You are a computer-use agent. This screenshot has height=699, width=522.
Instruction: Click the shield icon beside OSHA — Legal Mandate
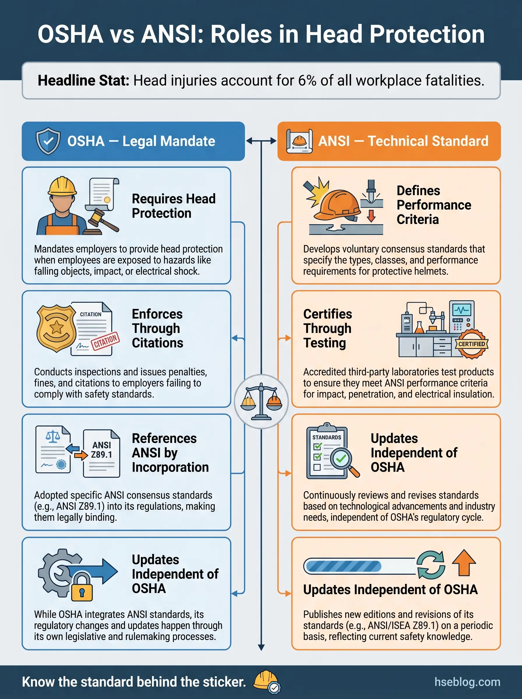click(x=48, y=141)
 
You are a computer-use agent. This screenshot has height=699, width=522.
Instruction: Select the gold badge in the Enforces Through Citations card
click(x=56, y=328)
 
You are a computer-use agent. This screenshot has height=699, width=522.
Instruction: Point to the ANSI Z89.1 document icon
click(x=101, y=453)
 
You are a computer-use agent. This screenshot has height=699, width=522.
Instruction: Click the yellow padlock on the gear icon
click(x=82, y=588)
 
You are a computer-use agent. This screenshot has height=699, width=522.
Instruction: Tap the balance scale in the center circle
click(x=261, y=401)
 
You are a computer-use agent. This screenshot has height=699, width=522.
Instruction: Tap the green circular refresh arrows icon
click(x=431, y=565)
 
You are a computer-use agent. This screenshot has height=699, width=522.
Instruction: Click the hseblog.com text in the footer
click(x=467, y=682)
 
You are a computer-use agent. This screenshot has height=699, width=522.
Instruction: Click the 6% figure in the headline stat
click(x=307, y=81)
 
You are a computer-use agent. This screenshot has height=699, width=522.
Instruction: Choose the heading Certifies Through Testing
click(x=327, y=328)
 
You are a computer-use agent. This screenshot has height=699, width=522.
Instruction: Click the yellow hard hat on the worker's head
click(x=62, y=186)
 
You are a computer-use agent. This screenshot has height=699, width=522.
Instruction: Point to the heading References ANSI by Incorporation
click(x=170, y=453)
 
